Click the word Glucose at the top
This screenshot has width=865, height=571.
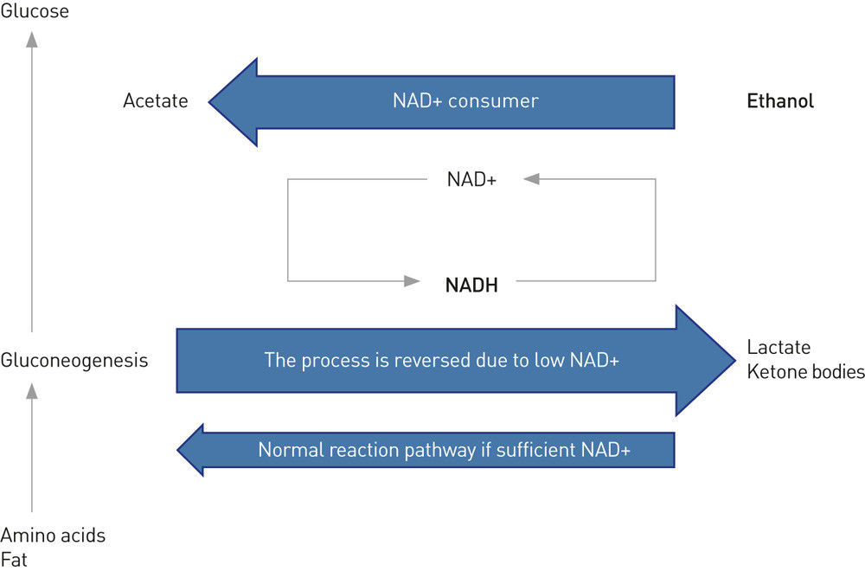[x=35, y=11]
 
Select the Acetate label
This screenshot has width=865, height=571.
[x=156, y=101]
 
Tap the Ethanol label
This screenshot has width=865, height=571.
[x=780, y=101]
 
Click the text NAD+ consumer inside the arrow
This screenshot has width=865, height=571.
[x=465, y=101]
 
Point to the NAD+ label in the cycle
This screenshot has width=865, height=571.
[x=471, y=179]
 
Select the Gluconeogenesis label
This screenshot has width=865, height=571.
[x=74, y=360]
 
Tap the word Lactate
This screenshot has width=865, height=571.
[x=778, y=348]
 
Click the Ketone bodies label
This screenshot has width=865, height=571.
[x=805, y=372]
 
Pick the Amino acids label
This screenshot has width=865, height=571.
[x=53, y=536]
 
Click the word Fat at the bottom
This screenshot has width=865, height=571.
[x=14, y=559]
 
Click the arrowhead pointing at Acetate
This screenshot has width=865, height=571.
[x=232, y=101]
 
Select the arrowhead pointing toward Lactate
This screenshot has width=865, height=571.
[x=705, y=360]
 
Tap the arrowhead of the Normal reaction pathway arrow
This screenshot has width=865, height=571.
[x=190, y=450]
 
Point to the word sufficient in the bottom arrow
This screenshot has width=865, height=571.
[x=537, y=450]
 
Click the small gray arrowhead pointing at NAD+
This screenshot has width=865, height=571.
[x=531, y=179]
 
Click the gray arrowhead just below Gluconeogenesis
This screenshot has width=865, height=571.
[x=32, y=391]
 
